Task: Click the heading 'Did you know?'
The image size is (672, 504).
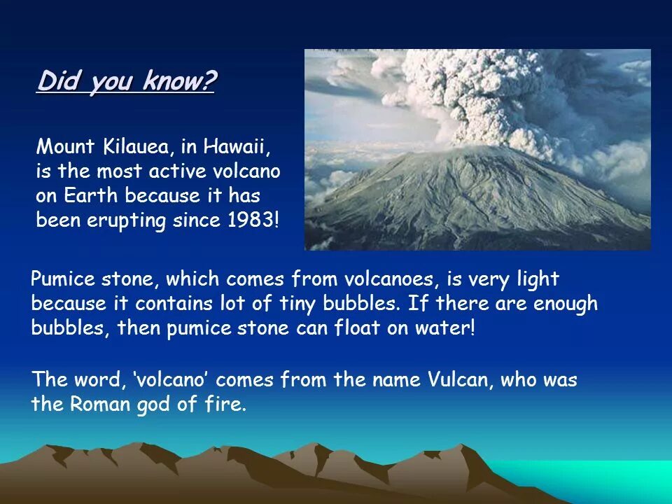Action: click(x=127, y=81)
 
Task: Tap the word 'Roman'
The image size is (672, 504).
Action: click(x=96, y=405)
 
